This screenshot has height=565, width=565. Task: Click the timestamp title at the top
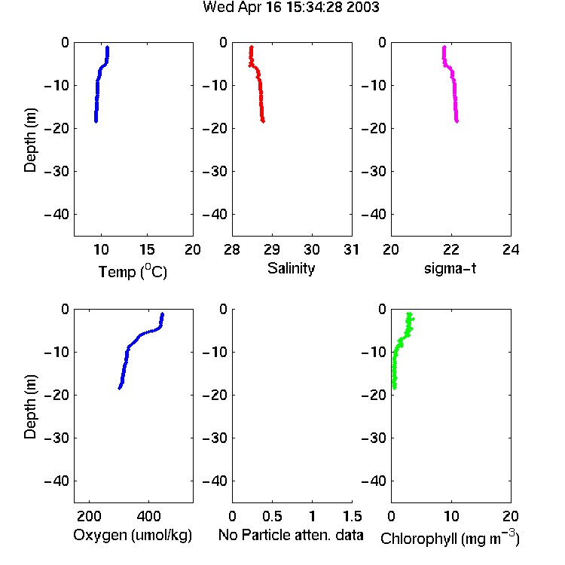pyautogui.click(x=291, y=8)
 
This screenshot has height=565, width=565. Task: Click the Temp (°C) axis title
pyautogui.click(x=133, y=271)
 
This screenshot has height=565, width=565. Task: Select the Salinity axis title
pyautogui.click(x=291, y=269)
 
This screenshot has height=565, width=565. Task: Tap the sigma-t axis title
pyautogui.click(x=450, y=268)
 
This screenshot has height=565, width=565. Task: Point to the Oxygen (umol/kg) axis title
pyautogui.click(x=133, y=535)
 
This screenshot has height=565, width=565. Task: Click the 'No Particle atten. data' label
pyautogui.click(x=291, y=535)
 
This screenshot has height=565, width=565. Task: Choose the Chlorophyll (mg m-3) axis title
pyautogui.click(x=450, y=538)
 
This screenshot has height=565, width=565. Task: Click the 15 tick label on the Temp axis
pyautogui.click(x=147, y=249)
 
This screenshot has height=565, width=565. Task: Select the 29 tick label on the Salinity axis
pyautogui.click(x=272, y=249)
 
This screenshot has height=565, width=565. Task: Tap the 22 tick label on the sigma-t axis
pyautogui.click(x=450, y=249)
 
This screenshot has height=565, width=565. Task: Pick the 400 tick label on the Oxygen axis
pyautogui.click(x=149, y=516)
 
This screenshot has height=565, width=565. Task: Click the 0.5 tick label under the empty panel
pyautogui.click(x=272, y=516)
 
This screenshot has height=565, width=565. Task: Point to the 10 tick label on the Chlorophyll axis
pyautogui.click(x=450, y=516)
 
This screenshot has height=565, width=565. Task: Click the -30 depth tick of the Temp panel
pyautogui.click(x=56, y=171)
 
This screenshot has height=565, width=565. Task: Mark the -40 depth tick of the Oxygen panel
pyautogui.click(x=56, y=481)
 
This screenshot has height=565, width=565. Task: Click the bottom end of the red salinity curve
pyautogui.click(x=263, y=121)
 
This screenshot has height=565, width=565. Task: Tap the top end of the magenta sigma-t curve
pyautogui.click(x=444, y=47)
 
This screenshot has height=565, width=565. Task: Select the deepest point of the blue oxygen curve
pyautogui.click(x=120, y=388)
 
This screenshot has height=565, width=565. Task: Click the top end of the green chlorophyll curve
pyautogui.click(x=409, y=314)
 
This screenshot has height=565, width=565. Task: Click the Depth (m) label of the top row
pyautogui.click(x=30, y=140)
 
